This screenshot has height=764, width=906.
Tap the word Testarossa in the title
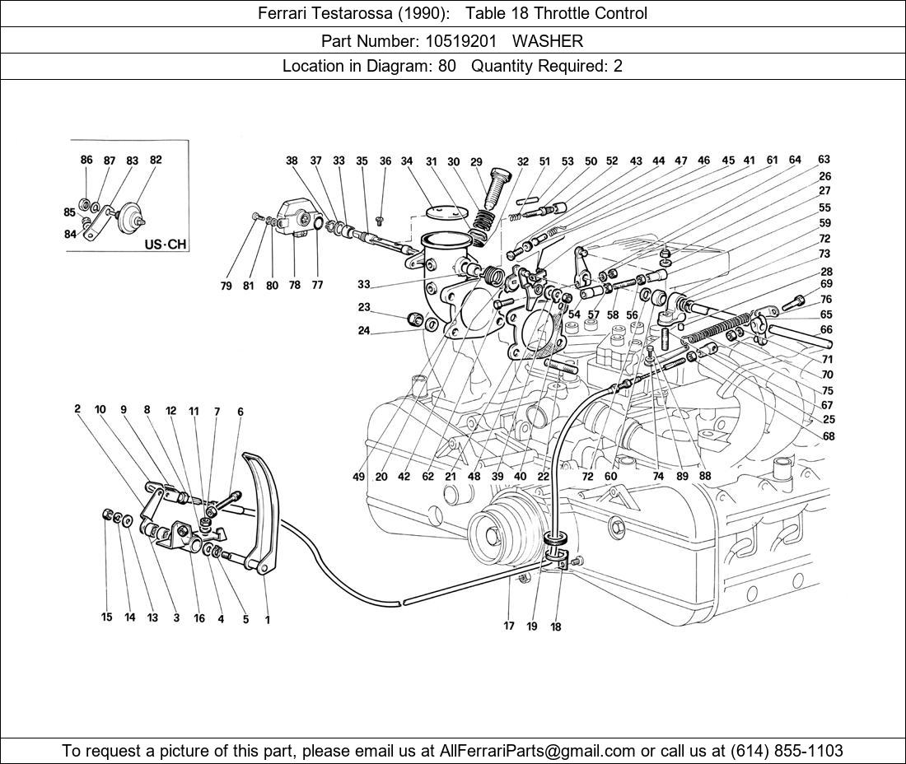[x=352, y=13]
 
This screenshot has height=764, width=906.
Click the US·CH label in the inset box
[x=165, y=245]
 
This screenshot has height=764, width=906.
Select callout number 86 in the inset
[x=86, y=161]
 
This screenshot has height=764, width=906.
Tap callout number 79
[x=226, y=286]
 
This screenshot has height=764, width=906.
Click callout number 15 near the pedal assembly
[x=106, y=617]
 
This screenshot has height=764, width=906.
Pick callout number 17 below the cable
[x=509, y=626]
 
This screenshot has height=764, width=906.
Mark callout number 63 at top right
[x=824, y=160]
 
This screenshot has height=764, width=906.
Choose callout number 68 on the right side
[x=828, y=436]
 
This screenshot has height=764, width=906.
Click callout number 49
[x=359, y=476]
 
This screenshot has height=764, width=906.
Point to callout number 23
[x=364, y=307]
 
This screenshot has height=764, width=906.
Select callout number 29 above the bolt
[x=476, y=162]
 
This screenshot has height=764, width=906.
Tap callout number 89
[x=683, y=476]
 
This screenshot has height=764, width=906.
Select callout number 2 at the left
[x=77, y=408]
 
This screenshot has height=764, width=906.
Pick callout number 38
[x=292, y=161]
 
